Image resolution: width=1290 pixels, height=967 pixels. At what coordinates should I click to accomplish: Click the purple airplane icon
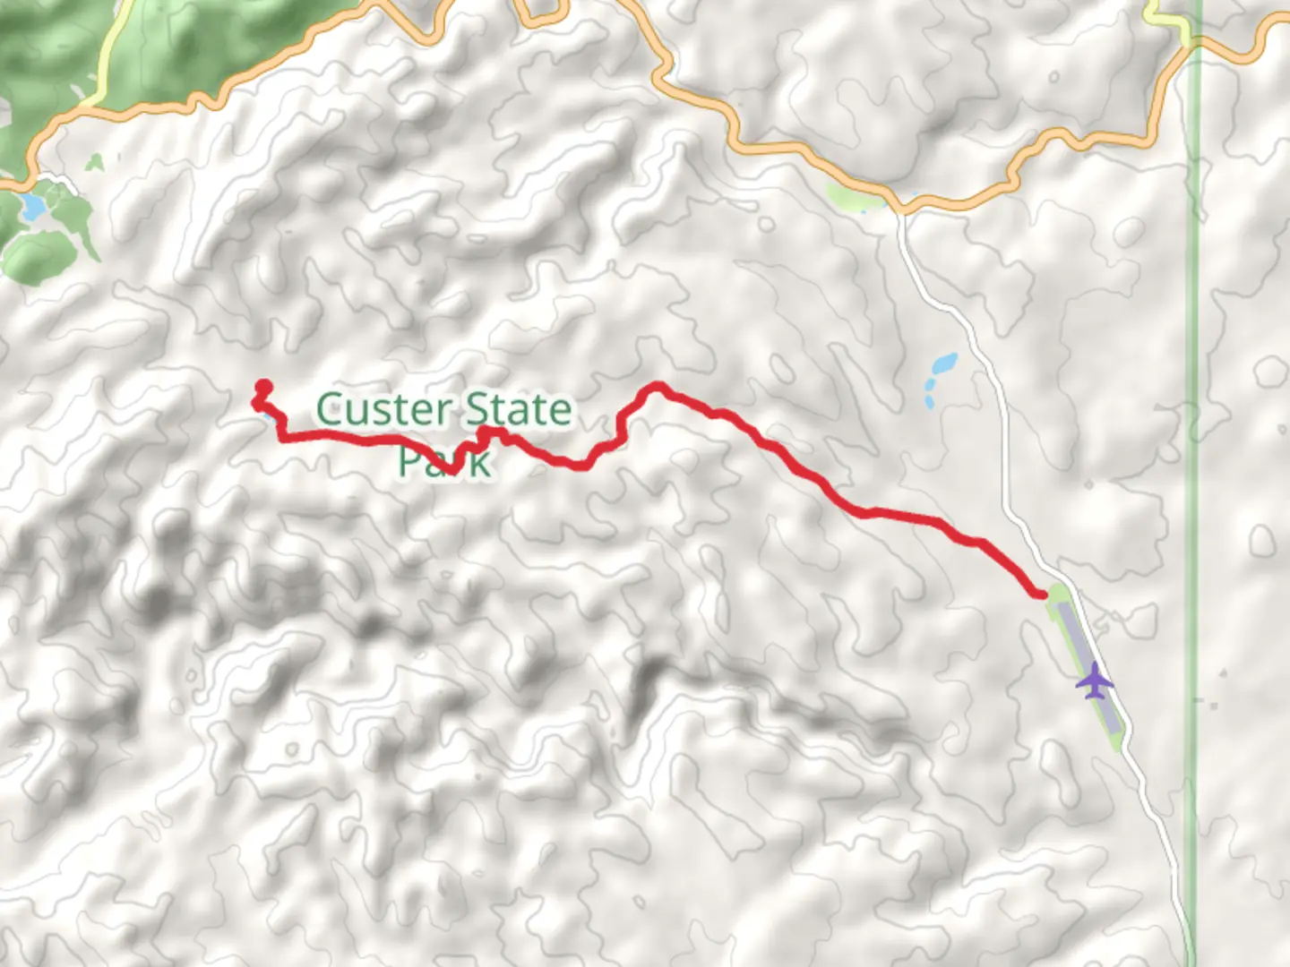pos(1094,682)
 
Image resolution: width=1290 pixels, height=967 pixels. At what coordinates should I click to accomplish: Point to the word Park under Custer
pos(443,462)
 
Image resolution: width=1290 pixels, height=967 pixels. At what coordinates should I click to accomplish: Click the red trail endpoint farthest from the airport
pos(263,388)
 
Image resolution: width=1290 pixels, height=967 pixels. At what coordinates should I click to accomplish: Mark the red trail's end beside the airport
pos(1041,593)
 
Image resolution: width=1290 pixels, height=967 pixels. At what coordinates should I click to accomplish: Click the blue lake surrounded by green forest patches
pos(33,208)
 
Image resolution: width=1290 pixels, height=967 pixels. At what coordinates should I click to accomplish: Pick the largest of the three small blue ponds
pos(943,364)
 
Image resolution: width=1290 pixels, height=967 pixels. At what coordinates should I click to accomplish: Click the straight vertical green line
pos(1191,537)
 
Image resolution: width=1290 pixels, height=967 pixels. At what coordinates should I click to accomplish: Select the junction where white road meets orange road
pos(900,211)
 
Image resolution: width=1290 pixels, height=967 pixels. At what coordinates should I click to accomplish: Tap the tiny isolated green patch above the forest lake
pos(95,162)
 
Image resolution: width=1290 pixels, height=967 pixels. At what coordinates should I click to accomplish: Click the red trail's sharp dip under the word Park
pos(454,467)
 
